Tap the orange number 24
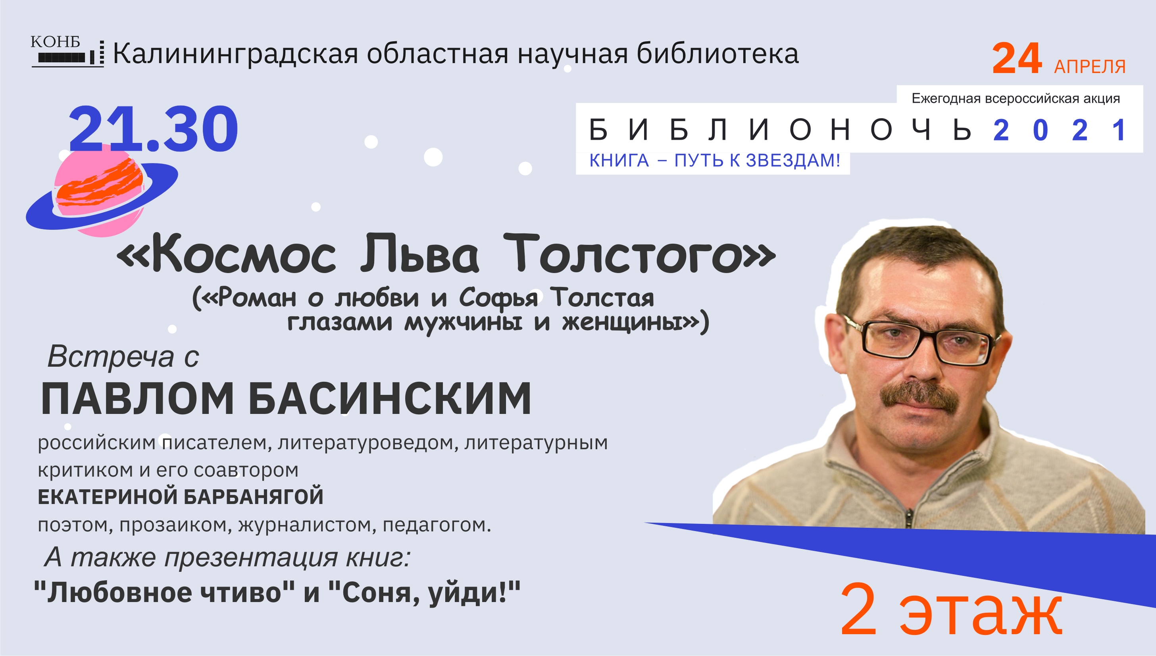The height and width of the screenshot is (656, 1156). pos(1017,59)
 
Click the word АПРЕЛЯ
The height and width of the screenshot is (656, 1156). pos(1090,66)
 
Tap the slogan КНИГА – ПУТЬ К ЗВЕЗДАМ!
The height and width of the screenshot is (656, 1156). pos(714,160)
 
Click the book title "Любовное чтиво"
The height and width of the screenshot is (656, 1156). pos(164,592)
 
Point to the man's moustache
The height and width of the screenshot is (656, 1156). pos(919,396)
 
